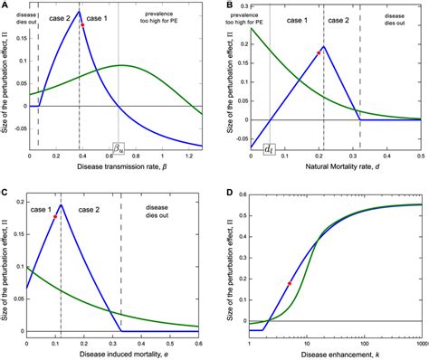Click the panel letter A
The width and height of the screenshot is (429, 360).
(5, 5)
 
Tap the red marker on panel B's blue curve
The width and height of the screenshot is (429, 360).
(317, 53)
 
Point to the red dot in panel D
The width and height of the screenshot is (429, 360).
(289, 284)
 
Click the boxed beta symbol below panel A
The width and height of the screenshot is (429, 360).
(119, 147)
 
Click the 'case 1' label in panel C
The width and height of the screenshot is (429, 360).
(43, 209)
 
